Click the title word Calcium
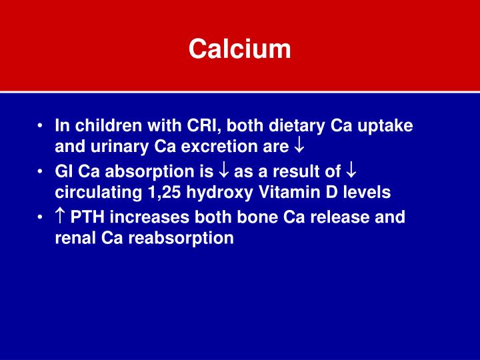(x=240, y=49)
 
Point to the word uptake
(x=385, y=127)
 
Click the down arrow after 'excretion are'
(x=299, y=146)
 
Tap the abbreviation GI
(x=64, y=171)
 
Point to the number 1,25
(x=164, y=193)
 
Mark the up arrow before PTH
(x=60, y=217)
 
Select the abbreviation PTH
(x=87, y=217)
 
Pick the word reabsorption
(x=181, y=239)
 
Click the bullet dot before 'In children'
(x=39, y=126)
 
